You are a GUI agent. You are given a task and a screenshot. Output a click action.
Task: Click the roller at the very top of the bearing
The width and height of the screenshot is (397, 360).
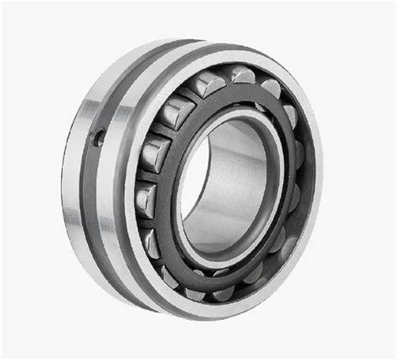(x=242, y=76)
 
